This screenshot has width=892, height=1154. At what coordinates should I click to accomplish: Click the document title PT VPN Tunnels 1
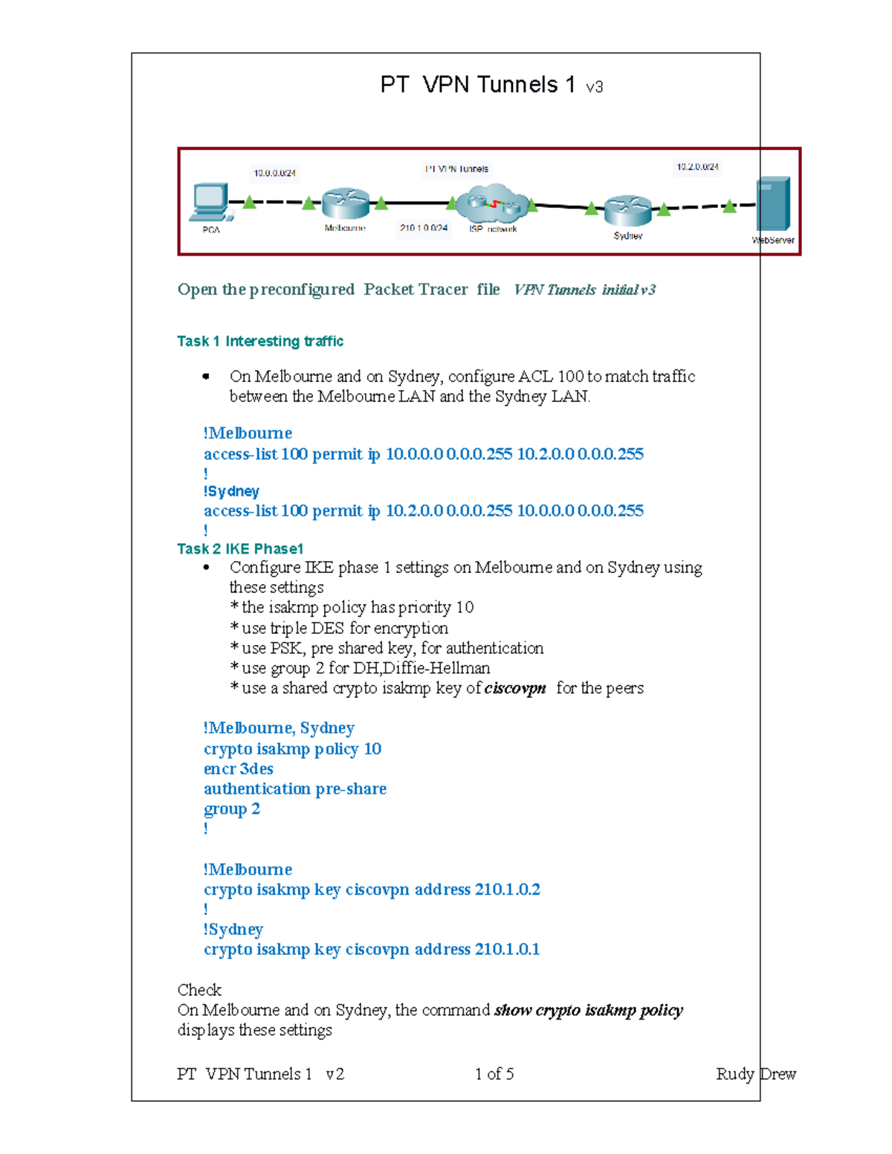pyautogui.click(x=477, y=85)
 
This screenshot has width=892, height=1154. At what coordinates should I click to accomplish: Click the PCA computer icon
pyautogui.click(x=210, y=201)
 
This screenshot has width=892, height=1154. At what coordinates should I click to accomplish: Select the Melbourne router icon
pyautogui.click(x=345, y=204)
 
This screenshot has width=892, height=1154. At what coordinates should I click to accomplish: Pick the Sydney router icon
pyautogui.click(x=627, y=211)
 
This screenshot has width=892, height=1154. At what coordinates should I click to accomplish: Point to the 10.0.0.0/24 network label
pyautogui.click(x=274, y=173)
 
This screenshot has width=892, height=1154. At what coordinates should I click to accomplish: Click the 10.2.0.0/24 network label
pyautogui.click(x=697, y=167)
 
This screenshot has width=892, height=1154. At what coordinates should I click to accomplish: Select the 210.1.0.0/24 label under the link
pyautogui.click(x=424, y=228)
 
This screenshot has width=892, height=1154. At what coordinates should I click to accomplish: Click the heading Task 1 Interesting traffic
pyautogui.click(x=260, y=341)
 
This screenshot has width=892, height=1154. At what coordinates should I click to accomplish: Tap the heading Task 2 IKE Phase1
pyautogui.click(x=240, y=549)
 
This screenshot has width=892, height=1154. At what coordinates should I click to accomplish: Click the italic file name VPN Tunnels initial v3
pyautogui.click(x=584, y=290)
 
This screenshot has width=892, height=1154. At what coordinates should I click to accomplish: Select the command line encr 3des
pyautogui.click(x=239, y=769)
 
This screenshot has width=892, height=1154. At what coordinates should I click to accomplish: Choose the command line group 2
pyautogui.click(x=232, y=809)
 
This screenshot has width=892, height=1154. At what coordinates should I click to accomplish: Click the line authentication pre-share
pyautogui.click(x=295, y=789)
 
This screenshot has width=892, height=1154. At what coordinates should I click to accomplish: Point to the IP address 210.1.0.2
pyautogui.click(x=507, y=889)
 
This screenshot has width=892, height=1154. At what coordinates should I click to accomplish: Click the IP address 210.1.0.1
pyautogui.click(x=507, y=950)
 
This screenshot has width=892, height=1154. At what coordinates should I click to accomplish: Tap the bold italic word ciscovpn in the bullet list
pyautogui.click(x=515, y=689)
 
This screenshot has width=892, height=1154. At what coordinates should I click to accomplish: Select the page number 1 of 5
pyautogui.click(x=494, y=1074)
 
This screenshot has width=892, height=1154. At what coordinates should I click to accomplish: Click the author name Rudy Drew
pyautogui.click(x=755, y=1074)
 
